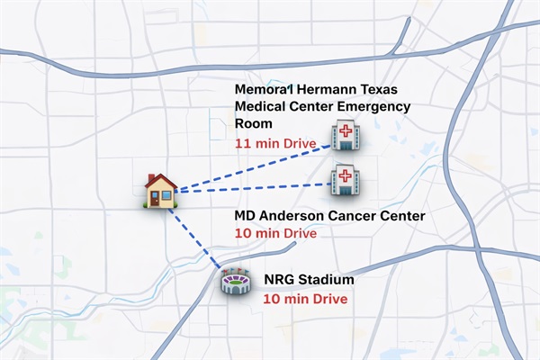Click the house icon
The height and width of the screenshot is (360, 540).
coord(161,190)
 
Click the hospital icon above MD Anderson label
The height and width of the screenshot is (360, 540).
coord(345,179)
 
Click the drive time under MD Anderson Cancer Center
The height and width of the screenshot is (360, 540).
coord(275,233)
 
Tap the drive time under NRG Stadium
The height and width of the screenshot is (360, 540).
coord(305,297)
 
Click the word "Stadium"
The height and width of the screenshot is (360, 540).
coord(327,280)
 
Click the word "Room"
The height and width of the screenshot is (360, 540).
coord(252,124)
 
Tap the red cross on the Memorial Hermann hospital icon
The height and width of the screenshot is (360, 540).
coord(344,131)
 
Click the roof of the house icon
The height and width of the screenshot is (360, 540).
coord(161,180)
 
